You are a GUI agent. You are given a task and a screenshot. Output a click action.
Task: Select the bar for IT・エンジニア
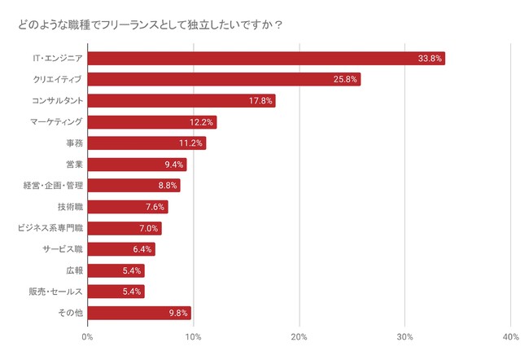pos(265,59)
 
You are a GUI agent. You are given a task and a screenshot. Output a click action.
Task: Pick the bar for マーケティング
pos(151,122)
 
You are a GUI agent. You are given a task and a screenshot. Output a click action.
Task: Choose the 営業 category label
pos(73,165)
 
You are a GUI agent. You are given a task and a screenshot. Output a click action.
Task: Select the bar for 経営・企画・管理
pos(133,186)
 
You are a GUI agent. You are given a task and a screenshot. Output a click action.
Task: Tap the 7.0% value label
pos(148,228)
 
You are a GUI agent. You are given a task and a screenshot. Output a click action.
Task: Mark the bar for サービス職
pos(120,249)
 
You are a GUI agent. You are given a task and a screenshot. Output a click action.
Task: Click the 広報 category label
pos(73,270)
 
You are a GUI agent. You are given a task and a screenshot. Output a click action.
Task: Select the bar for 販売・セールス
pos(116,292)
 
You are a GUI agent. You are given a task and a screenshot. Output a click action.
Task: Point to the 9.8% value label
pos(177,313)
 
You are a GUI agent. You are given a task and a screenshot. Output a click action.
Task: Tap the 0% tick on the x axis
pos(88,338)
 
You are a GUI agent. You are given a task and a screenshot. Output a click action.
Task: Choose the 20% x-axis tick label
pos(299,338)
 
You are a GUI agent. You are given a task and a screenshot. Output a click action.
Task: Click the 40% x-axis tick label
pos(510,338)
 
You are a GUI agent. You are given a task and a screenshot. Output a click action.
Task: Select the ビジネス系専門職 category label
pos(50,228)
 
